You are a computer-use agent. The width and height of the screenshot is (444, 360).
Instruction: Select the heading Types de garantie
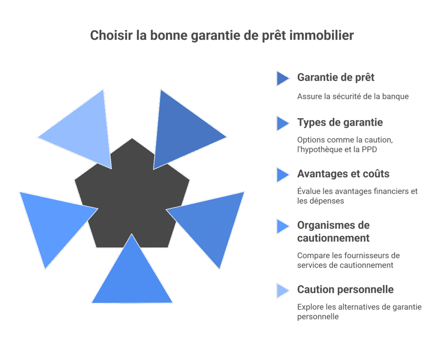coord(340,123)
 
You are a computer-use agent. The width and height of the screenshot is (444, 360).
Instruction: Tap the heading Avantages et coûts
coord(343,174)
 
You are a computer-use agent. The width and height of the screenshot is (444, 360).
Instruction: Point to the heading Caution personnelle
coord(345,289)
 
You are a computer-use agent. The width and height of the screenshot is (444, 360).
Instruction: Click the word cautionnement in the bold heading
coord(333,238)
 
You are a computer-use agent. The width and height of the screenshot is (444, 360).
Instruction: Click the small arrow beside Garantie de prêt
coord(282,78)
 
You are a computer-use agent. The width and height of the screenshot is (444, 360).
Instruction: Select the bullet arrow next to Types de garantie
coord(282,123)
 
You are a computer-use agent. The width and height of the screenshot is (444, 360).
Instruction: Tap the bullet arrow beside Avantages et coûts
coord(282,175)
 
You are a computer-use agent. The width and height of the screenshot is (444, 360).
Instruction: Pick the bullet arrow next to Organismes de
coord(282,226)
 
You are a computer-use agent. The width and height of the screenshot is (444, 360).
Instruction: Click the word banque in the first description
coord(396,97)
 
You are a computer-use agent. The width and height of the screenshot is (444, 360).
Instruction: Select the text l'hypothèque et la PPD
coord(335,149)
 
